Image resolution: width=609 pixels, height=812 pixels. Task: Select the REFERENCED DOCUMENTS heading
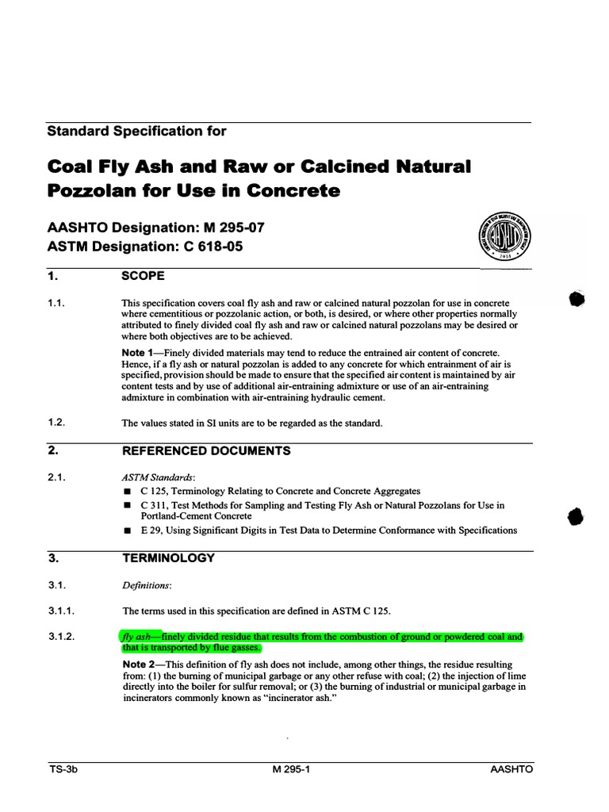205,451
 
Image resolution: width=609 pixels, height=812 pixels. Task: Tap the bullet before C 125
125,492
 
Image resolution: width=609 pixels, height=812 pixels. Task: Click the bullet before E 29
125,530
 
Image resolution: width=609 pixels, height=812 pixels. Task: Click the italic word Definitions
146,585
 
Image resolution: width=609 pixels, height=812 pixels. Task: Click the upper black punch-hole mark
576,299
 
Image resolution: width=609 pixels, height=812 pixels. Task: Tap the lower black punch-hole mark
576,516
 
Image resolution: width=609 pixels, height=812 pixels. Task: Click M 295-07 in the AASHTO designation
228,228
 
